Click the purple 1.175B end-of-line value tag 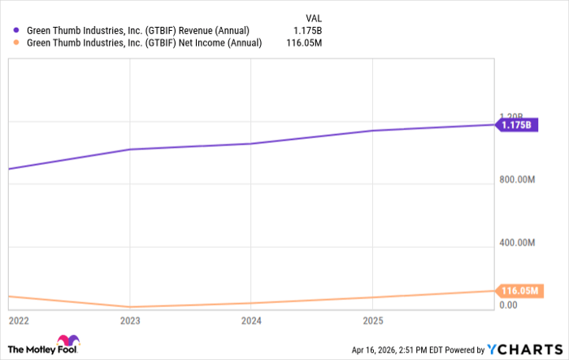pyautogui.click(x=516, y=125)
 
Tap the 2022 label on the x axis pyautogui.click(x=17, y=321)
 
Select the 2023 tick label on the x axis pyautogui.click(x=129, y=321)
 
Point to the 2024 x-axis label pyautogui.click(x=251, y=321)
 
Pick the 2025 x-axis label pyautogui.click(x=372, y=321)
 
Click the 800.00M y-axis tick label pyautogui.click(x=519, y=180)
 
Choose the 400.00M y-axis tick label pyautogui.click(x=519, y=242)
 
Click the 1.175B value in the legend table pyautogui.click(x=307, y=30)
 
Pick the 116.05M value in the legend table pyautogui.click(x=304, y=43)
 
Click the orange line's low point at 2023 pyautogui.click(x=129, y=307)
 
